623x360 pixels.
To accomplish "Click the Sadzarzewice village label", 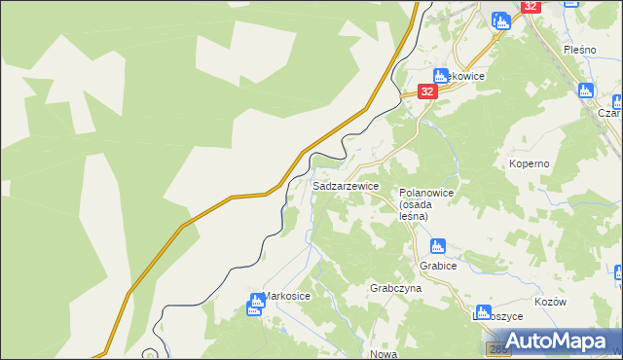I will (346, 185).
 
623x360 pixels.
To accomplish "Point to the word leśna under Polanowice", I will (414, 216).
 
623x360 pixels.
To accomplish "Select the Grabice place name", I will (438, 265).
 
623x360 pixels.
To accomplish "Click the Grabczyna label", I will (395, 289).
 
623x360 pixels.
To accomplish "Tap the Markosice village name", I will (288, 296).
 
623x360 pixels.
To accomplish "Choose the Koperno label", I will (530, 163).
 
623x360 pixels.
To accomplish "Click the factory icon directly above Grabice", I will (438, 246).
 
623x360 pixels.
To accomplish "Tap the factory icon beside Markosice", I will (256, 305).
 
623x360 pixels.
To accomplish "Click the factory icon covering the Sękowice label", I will (441, 75).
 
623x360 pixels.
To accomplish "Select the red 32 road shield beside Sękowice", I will (426, 90).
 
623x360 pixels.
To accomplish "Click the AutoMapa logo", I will (552, 342).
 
